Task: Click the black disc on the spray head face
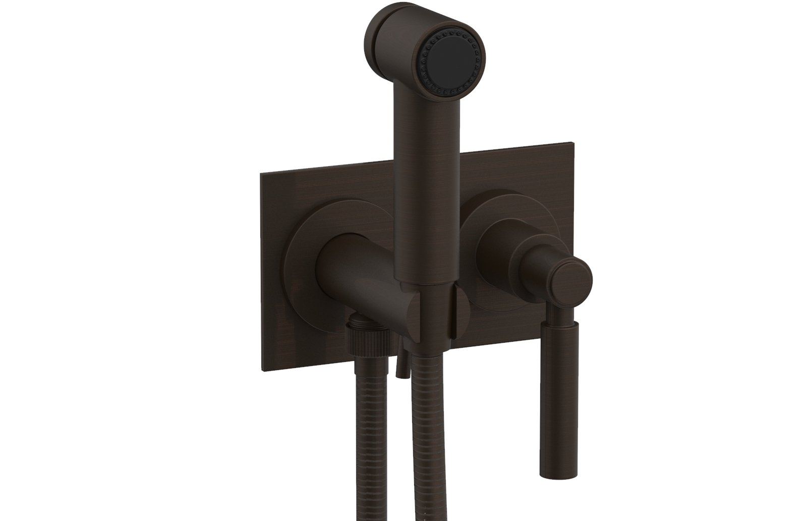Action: click(x=451, y=56)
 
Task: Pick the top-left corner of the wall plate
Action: click(x=260, y=174)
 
